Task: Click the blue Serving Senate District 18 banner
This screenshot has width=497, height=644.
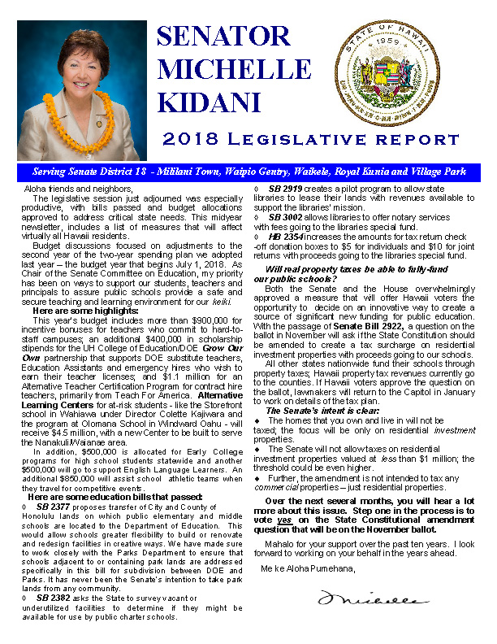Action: pos(248,173)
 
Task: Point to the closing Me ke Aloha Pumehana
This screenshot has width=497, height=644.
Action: pos(308,568)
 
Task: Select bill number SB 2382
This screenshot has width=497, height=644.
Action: pos(54,620)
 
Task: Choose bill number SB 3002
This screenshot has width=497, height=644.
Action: pos(286,217)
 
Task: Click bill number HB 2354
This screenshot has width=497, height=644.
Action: pos(286,235)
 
